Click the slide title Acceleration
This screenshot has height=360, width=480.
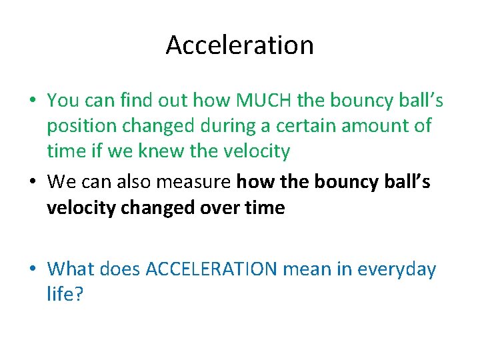point(239,45)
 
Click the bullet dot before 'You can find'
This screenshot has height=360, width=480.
point(32,101)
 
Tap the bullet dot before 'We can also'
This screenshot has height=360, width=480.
point(32,183)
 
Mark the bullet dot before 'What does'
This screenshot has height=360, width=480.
point(32,270)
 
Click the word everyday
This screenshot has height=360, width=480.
point(397,269)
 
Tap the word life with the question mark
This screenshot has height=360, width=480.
point(65,294)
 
